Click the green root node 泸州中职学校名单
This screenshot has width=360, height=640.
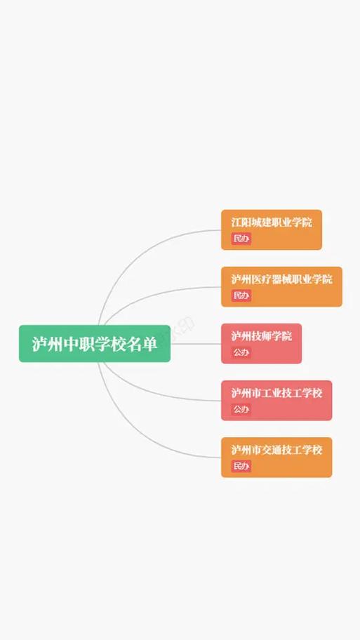(x=95, y=344)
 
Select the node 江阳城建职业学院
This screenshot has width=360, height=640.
(x=272, y=229)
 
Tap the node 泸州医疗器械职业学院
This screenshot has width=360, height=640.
(x=281, y=286)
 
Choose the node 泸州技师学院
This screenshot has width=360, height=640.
(x=262, y=344)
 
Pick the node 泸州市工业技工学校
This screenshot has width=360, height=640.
(x=276, y=401)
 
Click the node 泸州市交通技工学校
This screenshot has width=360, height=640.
(x=276, y=457)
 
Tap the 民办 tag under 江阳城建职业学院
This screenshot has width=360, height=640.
(x=241, y=239)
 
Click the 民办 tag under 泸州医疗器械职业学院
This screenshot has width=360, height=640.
(x=241, y=295)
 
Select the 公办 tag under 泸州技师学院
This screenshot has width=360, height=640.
(x=241, y=352)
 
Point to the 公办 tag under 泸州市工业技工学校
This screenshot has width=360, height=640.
(x=241, y=409)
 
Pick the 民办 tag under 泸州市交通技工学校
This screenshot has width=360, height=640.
(x=241, y=466)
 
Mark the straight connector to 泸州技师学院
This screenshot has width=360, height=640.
(x=196, y=344)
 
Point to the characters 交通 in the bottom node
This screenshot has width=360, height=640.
(x=272, y=450)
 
